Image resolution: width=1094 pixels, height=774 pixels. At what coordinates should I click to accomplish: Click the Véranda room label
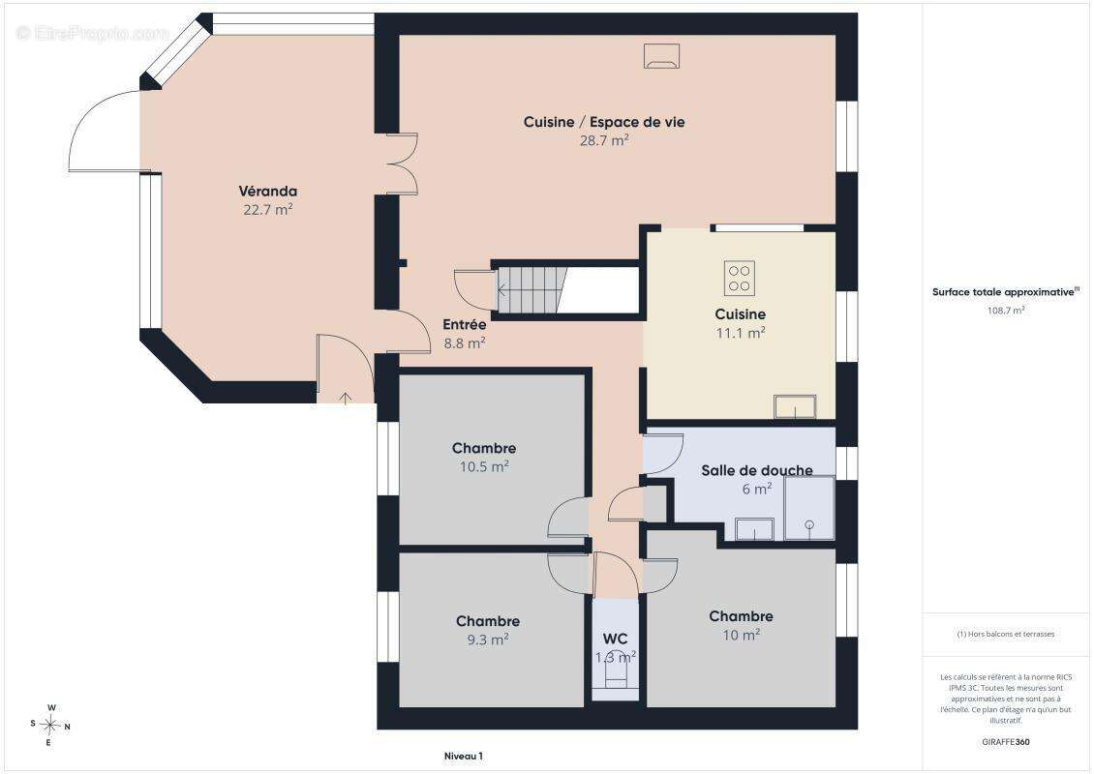(268, 191)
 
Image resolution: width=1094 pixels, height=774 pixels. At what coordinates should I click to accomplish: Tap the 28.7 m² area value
(604, 140)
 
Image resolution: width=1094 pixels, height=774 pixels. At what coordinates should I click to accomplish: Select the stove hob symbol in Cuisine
(739, 278)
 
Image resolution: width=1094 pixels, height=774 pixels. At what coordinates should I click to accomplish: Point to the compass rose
(50, 726)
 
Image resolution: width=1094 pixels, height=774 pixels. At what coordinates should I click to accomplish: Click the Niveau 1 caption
(464, 756)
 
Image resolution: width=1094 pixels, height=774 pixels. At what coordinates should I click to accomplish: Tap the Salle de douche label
(756, 470)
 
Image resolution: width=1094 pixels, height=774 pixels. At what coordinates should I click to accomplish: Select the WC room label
(615, 639)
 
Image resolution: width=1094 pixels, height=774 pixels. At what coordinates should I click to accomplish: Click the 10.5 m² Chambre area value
(483, 466)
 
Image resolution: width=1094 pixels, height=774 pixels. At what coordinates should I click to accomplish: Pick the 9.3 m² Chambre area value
(488, 640)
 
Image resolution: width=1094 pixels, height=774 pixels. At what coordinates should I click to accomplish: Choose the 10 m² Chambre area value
(741, 635)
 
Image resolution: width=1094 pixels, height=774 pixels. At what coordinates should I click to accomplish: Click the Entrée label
(465, 324)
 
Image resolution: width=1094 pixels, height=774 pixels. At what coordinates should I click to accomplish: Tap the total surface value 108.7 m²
(1005, 311)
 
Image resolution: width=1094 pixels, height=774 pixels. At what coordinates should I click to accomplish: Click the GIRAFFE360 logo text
(1005, 742)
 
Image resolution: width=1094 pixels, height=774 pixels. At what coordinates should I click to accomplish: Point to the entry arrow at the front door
(346, 398)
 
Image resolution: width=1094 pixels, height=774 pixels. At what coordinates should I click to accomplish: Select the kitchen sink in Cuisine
(795, 406)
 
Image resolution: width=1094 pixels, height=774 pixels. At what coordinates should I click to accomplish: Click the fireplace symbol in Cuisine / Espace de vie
(661, 56)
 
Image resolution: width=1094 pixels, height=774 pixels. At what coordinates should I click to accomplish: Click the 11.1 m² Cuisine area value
(741, 333)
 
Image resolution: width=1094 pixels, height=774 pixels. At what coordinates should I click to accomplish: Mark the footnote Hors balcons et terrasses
(1005, 634)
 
